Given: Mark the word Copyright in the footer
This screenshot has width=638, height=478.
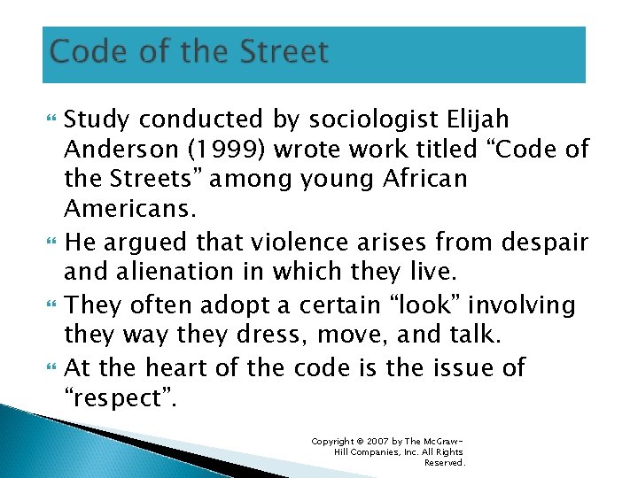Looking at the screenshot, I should point(333,441).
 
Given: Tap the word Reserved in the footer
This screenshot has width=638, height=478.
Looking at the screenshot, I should point(444,462).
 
